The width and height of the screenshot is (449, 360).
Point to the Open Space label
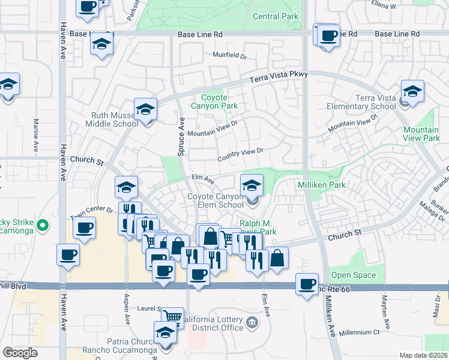(354, 275)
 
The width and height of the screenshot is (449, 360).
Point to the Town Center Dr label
(91, 211)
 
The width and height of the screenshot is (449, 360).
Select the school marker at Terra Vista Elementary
(412, 91)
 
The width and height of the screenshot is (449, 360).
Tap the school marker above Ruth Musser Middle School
(145, 109)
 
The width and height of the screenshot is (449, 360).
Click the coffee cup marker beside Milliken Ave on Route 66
(307, 283)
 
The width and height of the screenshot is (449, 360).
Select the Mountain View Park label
(421, 134)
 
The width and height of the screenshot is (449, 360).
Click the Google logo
(20, 353)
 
